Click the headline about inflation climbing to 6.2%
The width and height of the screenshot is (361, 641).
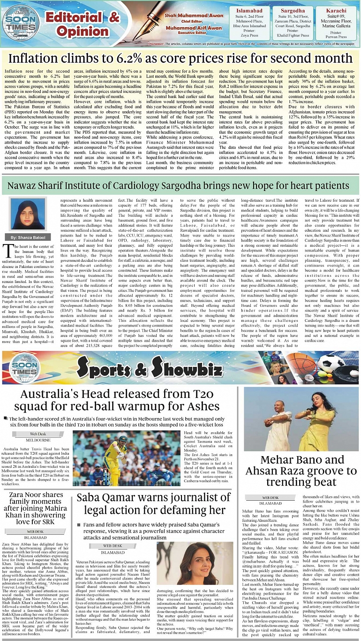pos(180,59)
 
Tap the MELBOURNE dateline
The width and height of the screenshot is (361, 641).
pos(38,440)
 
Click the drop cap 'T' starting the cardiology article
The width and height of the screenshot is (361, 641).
pos(7,249)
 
